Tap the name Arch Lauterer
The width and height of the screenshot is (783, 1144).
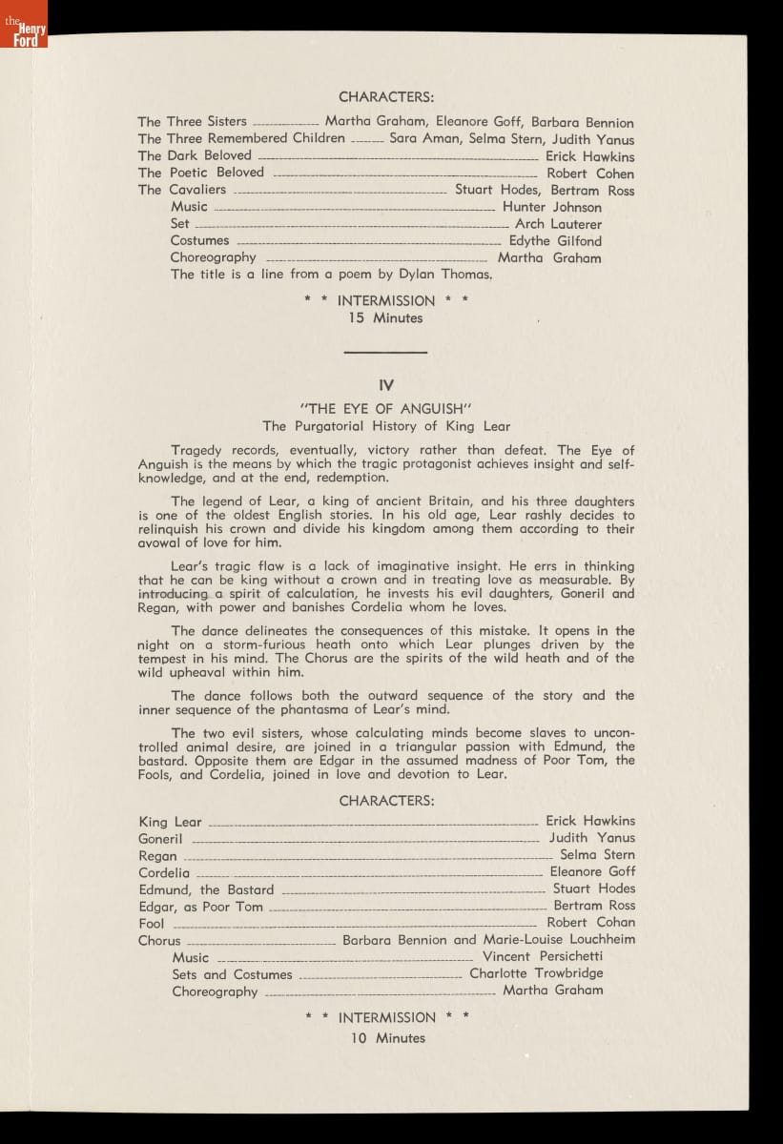(x=558, y=224)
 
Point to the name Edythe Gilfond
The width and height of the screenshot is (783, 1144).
(x=555, y=241)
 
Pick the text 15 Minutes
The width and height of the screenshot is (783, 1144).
(x=385, y=318)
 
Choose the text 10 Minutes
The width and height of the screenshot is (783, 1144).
(x=386, y=1038)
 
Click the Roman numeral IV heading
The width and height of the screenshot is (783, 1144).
(x=386, y=386)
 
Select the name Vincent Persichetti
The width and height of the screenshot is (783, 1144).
(x=543, y=956)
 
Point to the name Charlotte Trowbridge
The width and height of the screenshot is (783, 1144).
(x=536, y=973)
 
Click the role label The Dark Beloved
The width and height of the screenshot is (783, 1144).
(x=195, y=155)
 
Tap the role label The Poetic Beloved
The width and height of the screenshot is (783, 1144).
(x=200, y=173)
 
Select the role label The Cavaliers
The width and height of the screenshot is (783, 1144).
(x=181, y=190)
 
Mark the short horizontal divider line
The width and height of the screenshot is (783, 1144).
(x=385, y=354)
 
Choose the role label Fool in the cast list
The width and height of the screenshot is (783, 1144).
(x=151, y=923)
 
